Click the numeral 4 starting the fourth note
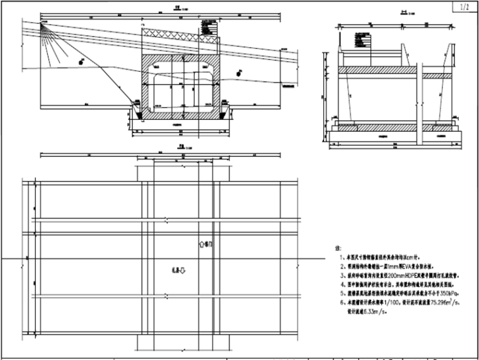click(x=341, y=284)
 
